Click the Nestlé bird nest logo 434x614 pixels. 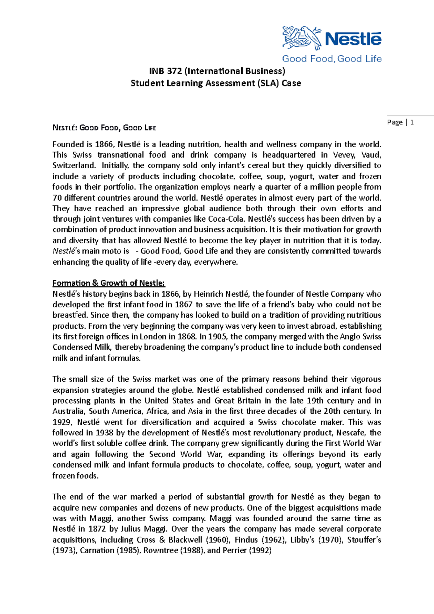(301, 38)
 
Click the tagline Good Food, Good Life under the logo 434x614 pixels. (332, 59)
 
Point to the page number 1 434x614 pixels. (412, 122)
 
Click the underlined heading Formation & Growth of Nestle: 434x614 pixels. (109, 283)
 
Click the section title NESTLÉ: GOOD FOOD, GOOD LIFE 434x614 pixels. (104, 128)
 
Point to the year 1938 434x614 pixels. (105, 433)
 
